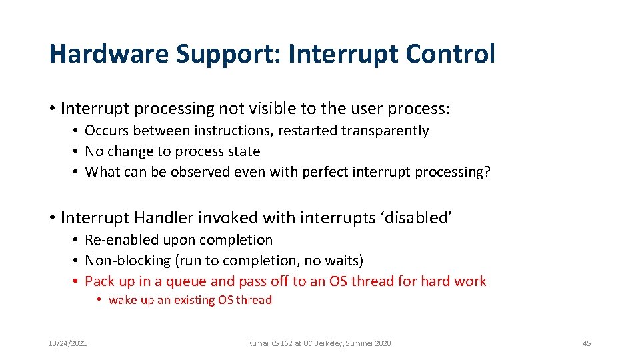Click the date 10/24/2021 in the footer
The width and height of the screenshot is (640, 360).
click(67, 343)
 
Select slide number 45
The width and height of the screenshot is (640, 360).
click(587, 343)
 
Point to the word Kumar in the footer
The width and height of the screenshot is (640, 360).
click(258, 343)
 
